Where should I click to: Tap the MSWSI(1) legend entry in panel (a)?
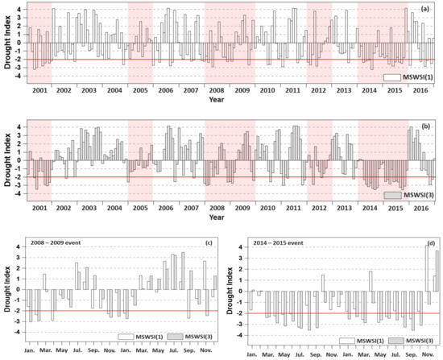[x=412, y=77]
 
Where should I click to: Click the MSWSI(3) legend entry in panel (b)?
[x=412, y=196]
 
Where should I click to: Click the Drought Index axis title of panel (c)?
[x=6, y=292]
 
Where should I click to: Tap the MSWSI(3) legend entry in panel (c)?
[x=188, y=339]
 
